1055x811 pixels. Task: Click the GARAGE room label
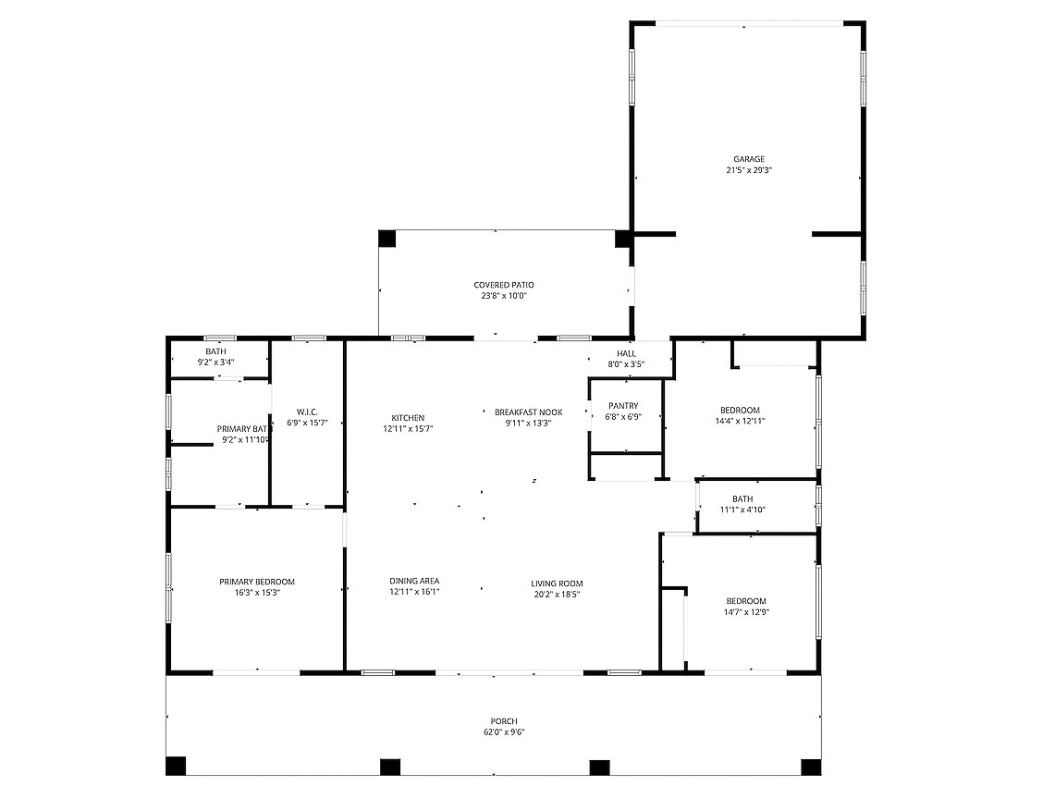(x=748, y=159)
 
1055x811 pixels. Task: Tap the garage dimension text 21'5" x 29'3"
(x=748, y=170)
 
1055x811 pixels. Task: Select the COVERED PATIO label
(x=503, y=286)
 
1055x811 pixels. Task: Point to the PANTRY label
(x=623, y=406)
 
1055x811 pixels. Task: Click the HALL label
(x=626, y=354)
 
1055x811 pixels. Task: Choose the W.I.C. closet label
(x=307, y=412)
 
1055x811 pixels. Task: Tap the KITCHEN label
(x=408, y=418)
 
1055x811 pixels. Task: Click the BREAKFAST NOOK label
(x=528, y=412)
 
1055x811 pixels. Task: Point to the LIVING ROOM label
(x=557, y=584)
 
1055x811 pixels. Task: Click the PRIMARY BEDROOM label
(x=256, y=583)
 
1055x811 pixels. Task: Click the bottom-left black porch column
(x=176, y=766)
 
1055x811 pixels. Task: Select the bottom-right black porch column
(x=811, y=768)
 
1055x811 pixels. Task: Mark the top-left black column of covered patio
(x=386, y=239)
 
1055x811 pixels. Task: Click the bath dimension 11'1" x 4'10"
(x=742, y=510)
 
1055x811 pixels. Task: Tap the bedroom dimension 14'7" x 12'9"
(x=745, y=612)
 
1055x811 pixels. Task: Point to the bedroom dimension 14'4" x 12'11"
(x=740, y=422)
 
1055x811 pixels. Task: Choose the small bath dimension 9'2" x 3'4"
(x=215, y=362)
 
